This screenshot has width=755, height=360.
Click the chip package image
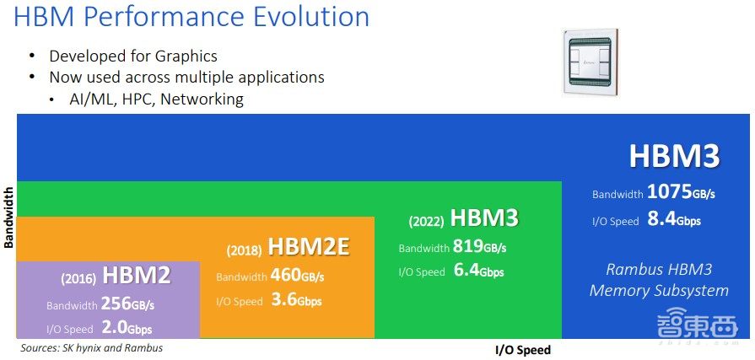(x=590, y=62)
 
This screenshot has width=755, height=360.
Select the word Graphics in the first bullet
(x=186, y=56)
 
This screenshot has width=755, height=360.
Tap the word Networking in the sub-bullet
(x=202, y=99)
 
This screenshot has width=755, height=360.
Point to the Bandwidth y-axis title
(x=8, y=218)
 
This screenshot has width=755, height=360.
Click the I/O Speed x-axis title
(x=522, y=350)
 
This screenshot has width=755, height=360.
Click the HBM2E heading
(x=309, y=246)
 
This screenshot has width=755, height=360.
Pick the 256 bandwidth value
(x=116, y=304)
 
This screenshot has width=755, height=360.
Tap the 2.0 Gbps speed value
(x=127, y=328)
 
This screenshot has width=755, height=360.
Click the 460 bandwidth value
(x=285, y=276)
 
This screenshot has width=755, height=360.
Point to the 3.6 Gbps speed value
(x=296, y=301)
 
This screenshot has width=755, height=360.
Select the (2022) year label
(x=427, y=222)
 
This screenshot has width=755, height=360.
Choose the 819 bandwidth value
(x=468, y=247)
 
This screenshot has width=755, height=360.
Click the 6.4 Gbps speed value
(x=478, y=271)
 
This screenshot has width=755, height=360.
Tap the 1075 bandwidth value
(x=669, y=192)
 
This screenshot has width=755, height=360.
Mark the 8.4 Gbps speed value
(x=674, y=220)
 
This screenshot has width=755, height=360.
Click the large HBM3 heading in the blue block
(x=675, y=156)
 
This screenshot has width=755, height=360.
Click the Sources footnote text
(x=91, y=347)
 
